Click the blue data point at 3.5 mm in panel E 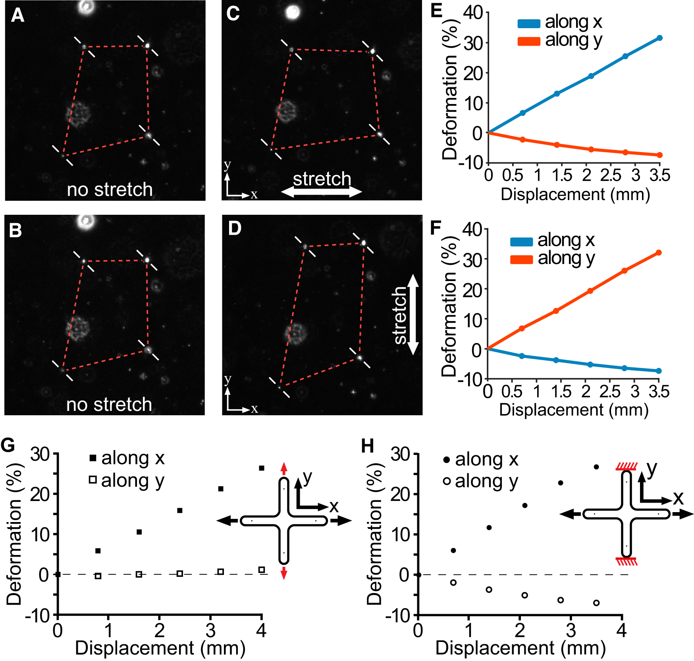[659, 38]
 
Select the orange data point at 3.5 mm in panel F [659, 252]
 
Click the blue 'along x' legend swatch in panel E [528, 23]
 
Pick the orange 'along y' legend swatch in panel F [521, 260]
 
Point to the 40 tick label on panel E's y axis [473, 12]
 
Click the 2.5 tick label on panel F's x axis [609, 391]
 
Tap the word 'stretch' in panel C [322, 179]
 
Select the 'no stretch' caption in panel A [110, 189]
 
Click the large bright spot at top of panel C [293, 12]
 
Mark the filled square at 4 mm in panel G [261, 468]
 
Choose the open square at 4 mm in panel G [261, 570]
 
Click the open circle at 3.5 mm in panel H [596, 603]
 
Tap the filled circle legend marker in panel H [447, 460]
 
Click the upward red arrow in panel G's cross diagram [283, 468]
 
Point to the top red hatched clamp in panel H [627, 466]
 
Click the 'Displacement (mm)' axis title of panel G [160, 648]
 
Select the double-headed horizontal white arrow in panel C [322, 192]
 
